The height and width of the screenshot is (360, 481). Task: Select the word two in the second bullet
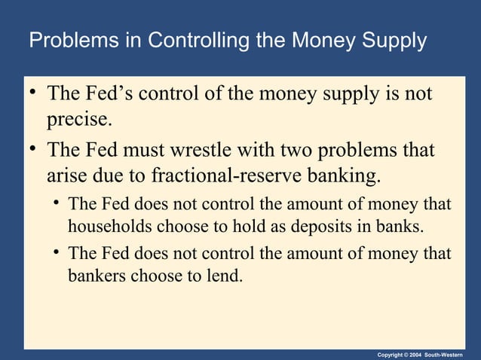pyautogui.click(x=297, y=151)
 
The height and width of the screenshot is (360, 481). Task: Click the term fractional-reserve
pyautogui.click(x=237, y=176)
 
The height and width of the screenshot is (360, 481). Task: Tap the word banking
pyautogui.click(x=342, y=176)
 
